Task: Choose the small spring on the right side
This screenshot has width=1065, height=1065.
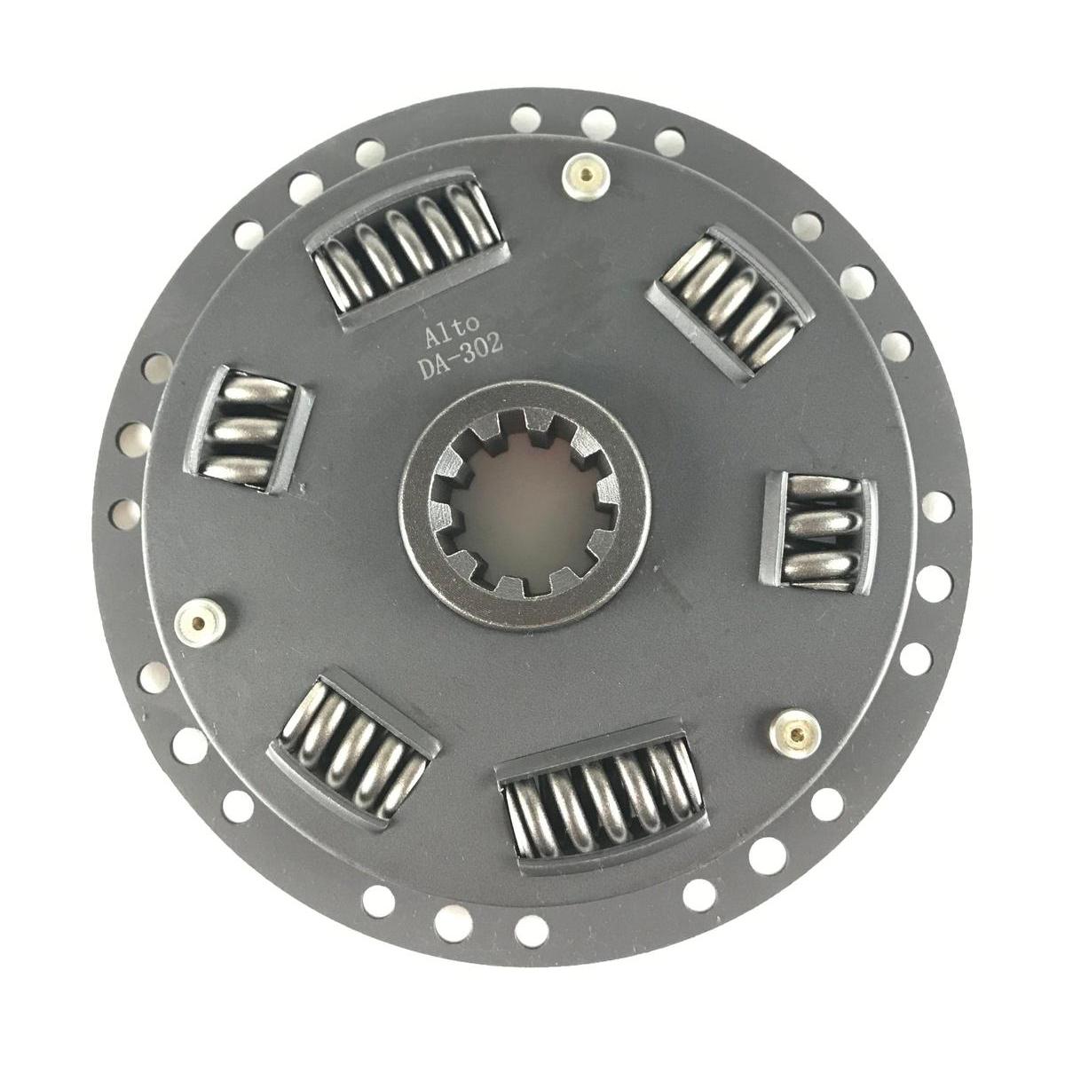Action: (x=820, y=531)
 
